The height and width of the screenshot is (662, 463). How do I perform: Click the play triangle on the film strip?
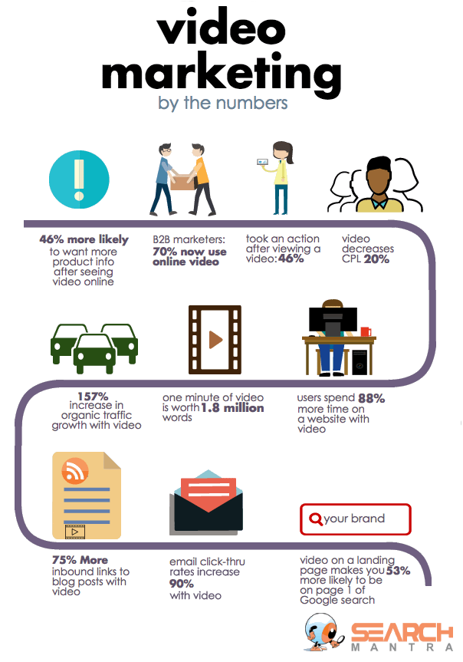click(215, 338)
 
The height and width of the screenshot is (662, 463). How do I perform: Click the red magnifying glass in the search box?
click(314, 519)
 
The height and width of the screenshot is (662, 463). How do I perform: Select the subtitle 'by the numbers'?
click(222, 103)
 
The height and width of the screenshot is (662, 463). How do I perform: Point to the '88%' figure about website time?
click(371, 398)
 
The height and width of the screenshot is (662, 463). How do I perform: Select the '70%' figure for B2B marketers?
click(166, 250)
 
